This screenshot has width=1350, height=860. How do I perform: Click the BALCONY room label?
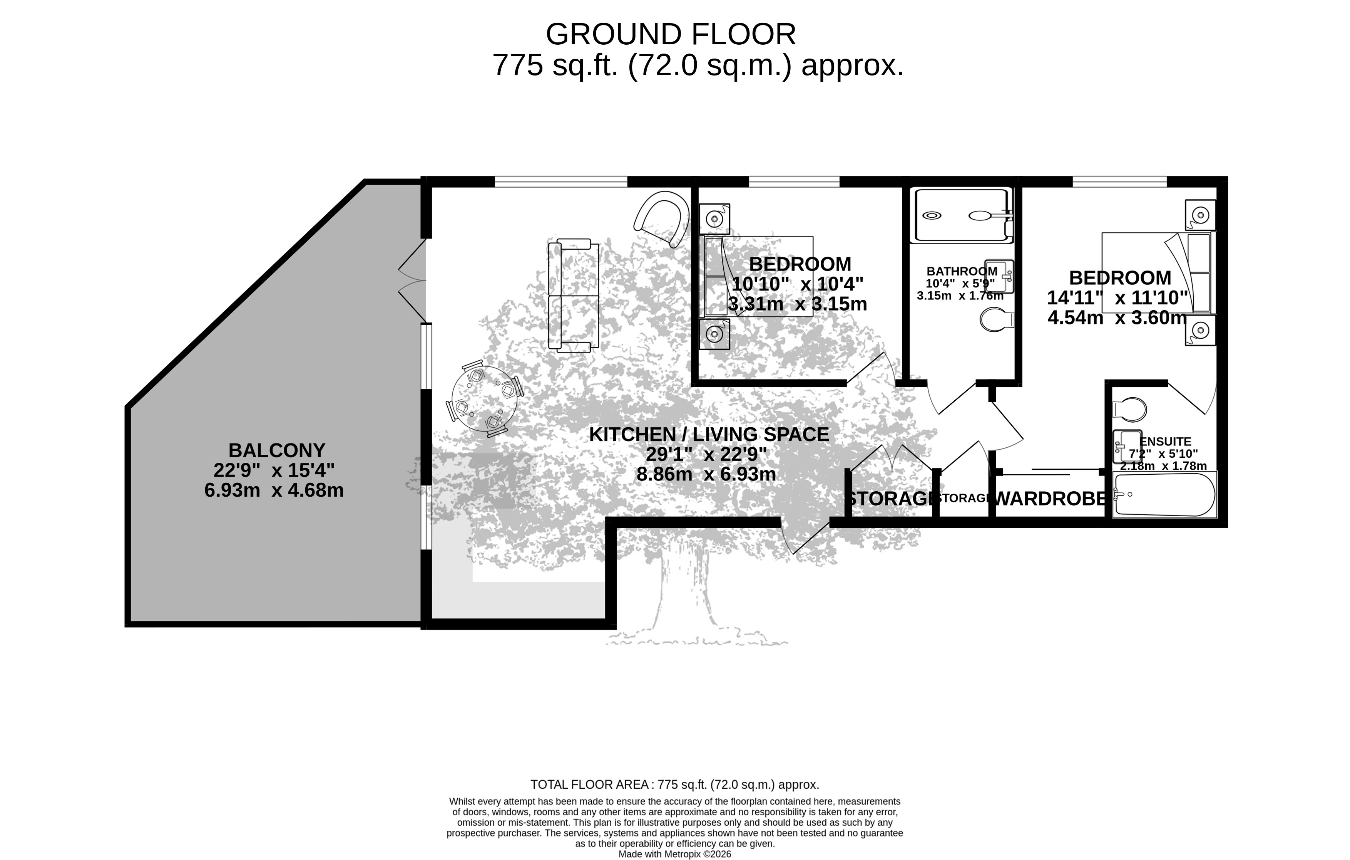coord(276,450)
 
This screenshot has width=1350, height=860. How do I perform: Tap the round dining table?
coord(484,399)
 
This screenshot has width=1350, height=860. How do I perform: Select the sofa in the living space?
coord(573,296)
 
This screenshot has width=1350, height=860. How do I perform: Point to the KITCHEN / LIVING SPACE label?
coord(709,434)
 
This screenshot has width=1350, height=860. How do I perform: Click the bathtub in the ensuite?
coord(1165,494)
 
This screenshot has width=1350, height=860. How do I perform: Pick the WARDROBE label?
coord(1050,499)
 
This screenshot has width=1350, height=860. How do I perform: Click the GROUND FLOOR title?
coord(671,34)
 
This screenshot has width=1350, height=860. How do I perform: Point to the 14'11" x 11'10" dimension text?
coord(1117,297)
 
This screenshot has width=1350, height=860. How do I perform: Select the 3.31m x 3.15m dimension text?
coord(797,304)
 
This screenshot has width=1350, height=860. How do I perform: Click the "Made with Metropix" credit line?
coord(675,854)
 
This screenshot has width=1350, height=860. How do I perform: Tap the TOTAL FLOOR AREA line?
coord(675,784)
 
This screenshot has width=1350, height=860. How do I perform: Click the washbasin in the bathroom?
coord(999,276)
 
